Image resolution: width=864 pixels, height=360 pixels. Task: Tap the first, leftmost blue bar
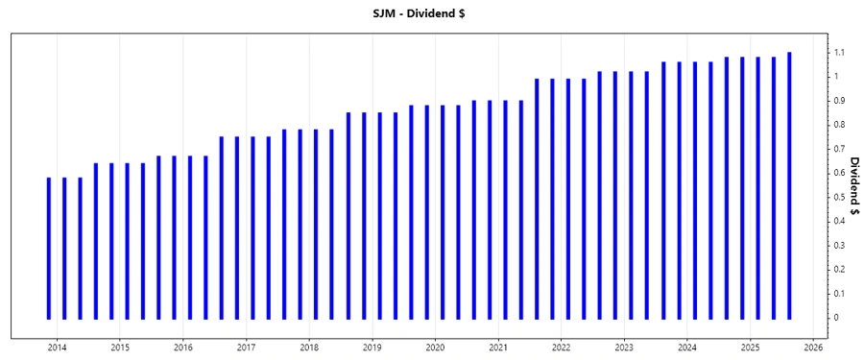(49, 248)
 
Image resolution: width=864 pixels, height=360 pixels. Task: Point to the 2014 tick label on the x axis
(57, 347)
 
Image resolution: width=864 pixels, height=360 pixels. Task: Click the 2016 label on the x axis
(183, 347)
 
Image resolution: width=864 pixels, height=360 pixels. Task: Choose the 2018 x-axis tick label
(309, 347)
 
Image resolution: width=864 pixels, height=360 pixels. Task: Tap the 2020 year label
(435, 347)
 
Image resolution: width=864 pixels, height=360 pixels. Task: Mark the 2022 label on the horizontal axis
(562, 347)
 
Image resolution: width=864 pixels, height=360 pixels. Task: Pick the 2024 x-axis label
(687, 347)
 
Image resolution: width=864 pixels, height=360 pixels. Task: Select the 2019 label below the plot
(372, 347)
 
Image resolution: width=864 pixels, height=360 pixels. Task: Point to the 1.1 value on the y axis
(839, 52)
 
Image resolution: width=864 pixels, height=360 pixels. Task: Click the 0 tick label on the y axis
(836, 318)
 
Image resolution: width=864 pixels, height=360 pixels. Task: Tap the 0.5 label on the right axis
(839, 197)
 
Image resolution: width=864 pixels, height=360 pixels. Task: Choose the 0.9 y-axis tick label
(839, 100)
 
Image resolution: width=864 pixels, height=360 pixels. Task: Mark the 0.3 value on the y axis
(839, 245)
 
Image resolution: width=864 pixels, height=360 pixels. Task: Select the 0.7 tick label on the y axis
(839, 149)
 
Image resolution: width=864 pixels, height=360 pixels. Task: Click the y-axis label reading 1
(836, 76)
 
